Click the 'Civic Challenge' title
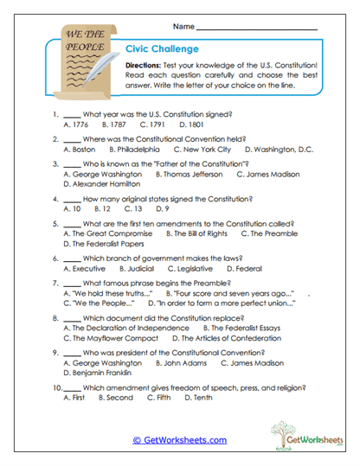click(162, 49)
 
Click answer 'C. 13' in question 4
click(133, 208)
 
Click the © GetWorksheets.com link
click(179, 440)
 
